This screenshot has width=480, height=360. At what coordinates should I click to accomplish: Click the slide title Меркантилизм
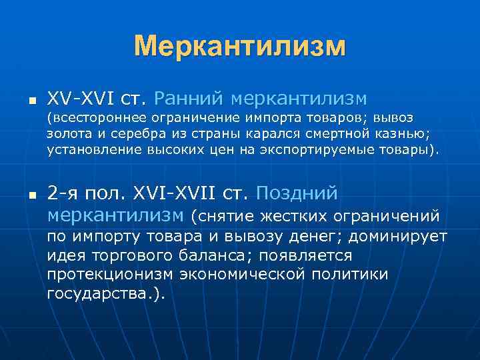[240, 47]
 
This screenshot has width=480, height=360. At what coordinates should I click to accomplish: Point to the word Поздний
[297, 194]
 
